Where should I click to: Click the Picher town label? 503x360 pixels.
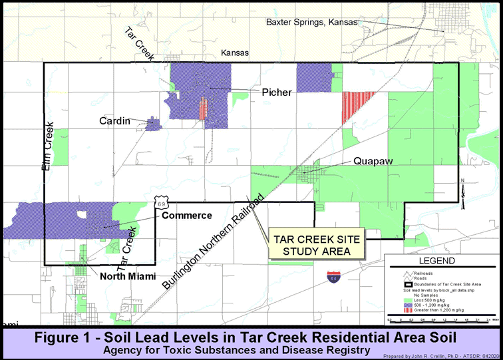(x=276, y=92)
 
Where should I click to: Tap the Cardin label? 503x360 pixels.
(x=114, y=121)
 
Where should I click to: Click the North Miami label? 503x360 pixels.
(x=128, y=276)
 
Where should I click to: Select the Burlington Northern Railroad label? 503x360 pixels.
(x=214, y=242)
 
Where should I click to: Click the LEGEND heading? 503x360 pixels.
(x=436, y=261)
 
